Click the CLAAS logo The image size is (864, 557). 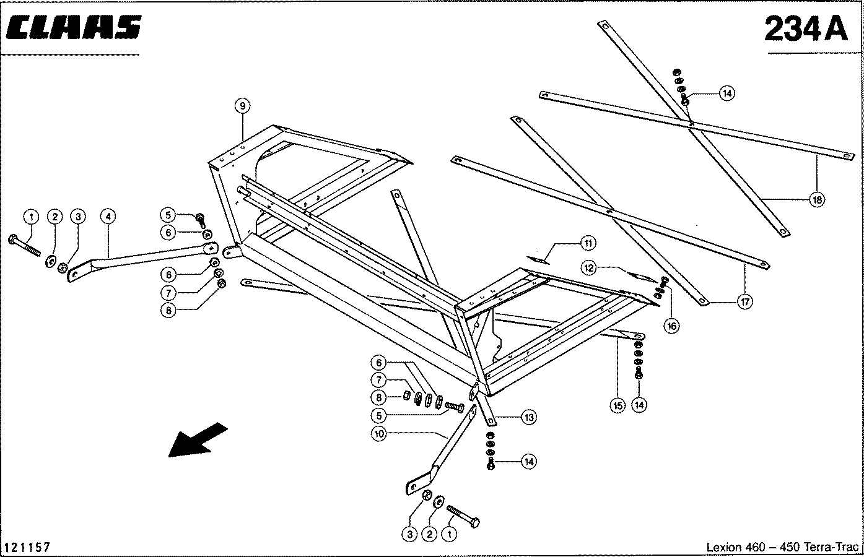pos(74,27)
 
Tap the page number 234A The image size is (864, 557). pos(806,28)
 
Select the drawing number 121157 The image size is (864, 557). pos(27,547)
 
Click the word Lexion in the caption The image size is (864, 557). pos(723,547)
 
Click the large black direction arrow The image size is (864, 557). pos(198,440)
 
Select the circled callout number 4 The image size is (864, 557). pos(108,216)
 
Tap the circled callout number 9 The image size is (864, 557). pos(242,106)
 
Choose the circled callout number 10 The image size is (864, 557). pos(379,434)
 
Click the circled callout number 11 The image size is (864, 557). pos(588,243)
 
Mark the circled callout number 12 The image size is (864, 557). pos(588,268)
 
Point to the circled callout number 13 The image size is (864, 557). pos(529,417)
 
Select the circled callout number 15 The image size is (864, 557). pos(617,405)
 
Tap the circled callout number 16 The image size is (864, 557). pos(671,326)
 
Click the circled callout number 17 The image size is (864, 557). pos(745,301)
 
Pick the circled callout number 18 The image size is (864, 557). pos(817,200)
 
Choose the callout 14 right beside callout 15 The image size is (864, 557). pos(639,405)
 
